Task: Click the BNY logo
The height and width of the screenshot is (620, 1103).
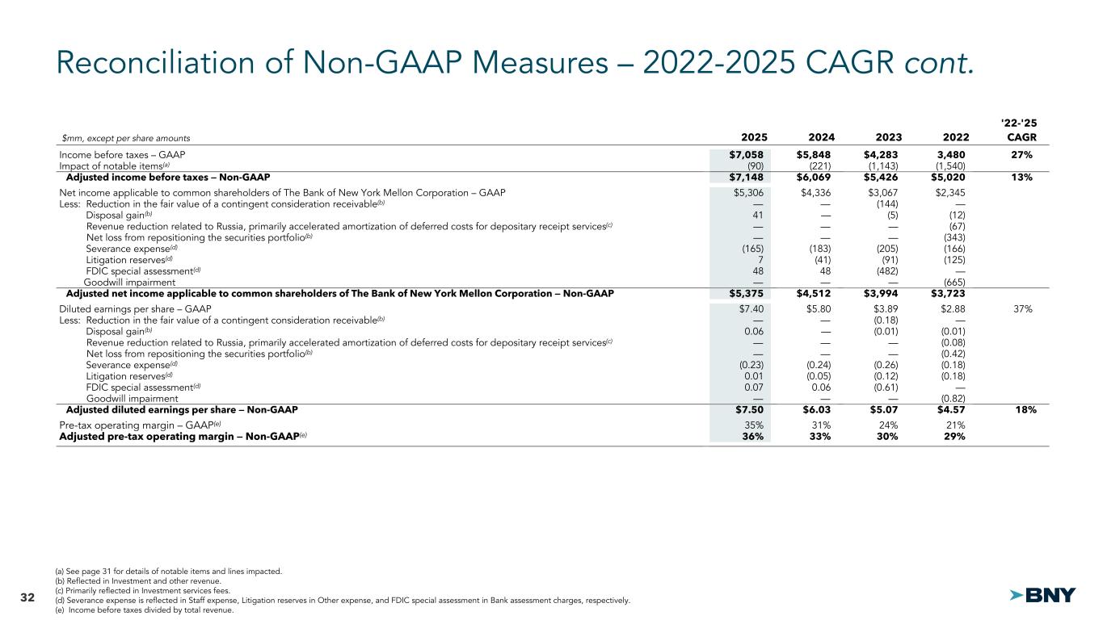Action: click(1043, 595)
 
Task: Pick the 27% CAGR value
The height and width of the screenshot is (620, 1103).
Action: click(1025, 155)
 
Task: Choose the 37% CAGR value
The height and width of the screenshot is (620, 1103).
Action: click(1025, 308)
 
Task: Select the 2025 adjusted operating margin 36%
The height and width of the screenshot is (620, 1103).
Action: click(752, 436)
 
